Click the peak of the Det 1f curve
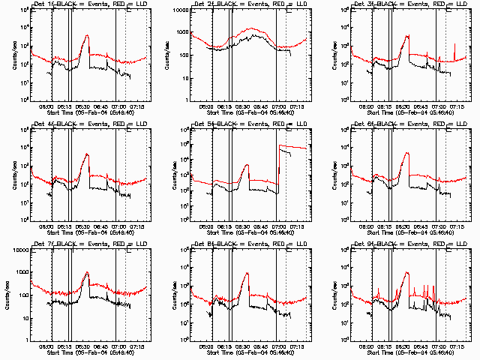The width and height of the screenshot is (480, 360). click(x=88, y=35)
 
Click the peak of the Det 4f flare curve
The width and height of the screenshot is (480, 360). click(x=88, y=154)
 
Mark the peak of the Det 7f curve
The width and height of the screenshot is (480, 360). click(x=88, y=272)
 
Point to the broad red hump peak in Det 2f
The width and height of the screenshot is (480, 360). click(x=253, y=28)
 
